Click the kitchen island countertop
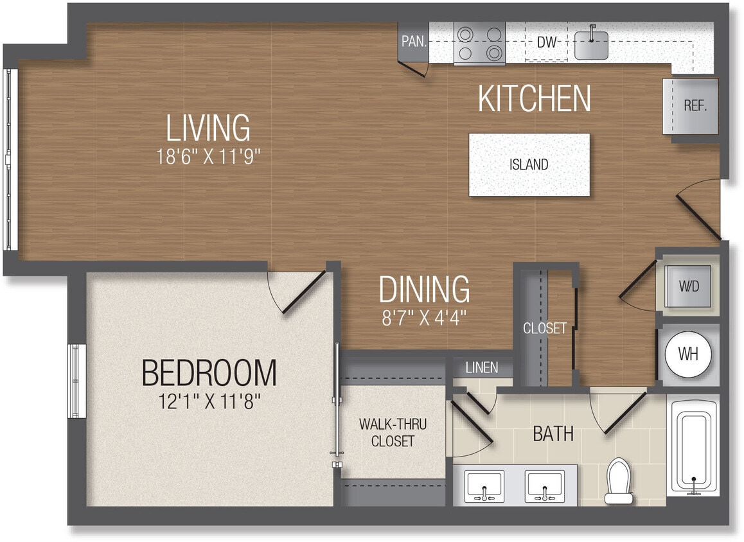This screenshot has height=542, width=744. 529,164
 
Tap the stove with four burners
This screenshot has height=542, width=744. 479,43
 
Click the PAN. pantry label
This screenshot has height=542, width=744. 414,42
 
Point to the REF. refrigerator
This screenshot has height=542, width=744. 694,106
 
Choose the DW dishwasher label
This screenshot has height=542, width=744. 546,43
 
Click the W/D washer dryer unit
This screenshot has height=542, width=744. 688,286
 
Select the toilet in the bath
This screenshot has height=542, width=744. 619,480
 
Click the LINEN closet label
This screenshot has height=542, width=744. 481,367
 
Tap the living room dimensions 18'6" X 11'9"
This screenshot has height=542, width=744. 208,157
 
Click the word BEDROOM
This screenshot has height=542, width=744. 209,372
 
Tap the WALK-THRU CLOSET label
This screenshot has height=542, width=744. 393,433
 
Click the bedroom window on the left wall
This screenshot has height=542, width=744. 77,381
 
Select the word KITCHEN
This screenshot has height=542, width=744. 535,99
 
